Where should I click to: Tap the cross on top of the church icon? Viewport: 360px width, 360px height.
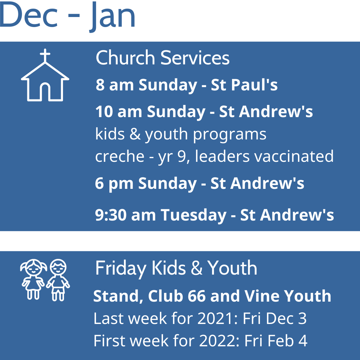pos(45,55)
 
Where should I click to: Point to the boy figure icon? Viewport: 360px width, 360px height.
pos(58,280)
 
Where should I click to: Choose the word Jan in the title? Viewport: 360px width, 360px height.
pos(112,17)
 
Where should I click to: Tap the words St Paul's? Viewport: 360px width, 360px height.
pos(244,85)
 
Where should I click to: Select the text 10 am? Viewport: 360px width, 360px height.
pos(118,112)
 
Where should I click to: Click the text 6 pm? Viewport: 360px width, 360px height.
pos(114,184)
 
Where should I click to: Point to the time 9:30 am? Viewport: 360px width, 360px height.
pos(125,215)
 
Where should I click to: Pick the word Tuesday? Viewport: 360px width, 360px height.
pos(194,216)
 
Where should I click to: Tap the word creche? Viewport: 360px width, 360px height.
pos(120,157)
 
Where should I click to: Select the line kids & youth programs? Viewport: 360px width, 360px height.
pos(181,134)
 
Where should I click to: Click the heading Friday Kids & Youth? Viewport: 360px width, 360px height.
pos(176,268)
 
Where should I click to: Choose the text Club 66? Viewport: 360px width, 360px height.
pos(177,296)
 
